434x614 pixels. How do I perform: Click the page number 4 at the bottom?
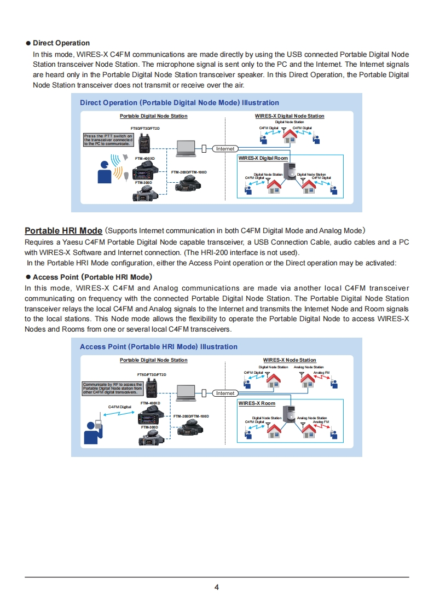(x=217, y=588)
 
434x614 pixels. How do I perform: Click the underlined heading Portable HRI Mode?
(x=63, y=230)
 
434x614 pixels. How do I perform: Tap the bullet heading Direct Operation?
(x=61, y=43)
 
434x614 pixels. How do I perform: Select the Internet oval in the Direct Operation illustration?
(x=225, y=148)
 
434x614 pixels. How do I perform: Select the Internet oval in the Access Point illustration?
(x=225, y=393)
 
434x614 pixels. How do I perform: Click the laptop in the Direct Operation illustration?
(x=186, y=147)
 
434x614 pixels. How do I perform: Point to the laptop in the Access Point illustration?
(x=186, y=392)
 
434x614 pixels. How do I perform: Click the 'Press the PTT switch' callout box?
(x=108, y=140)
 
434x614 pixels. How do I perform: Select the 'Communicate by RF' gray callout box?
(x=113, y=388)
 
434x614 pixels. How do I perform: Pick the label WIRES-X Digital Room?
(x=263, y=158)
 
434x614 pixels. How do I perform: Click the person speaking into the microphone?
(x=103, y=172)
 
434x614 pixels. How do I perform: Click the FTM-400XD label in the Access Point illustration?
(x=150, y=403)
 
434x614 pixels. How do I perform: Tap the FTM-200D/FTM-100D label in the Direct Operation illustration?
(x=189, y=172)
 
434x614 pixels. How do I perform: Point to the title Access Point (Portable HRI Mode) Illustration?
(x=159, y=346)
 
